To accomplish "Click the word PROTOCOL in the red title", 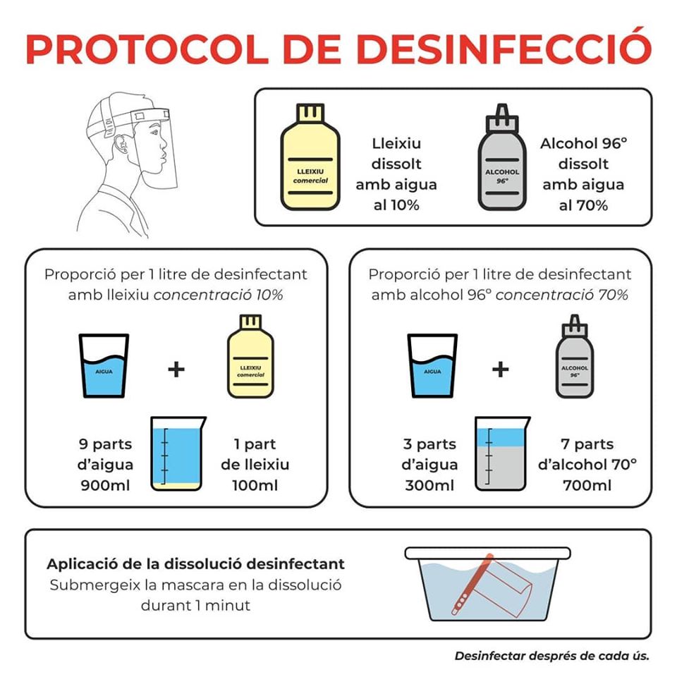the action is point(147,49).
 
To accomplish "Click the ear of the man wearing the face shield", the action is point(122,145).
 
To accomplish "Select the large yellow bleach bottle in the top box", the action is point(310,157).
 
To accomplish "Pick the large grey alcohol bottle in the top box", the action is point(501,157).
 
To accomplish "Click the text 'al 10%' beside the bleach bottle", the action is point(396,205).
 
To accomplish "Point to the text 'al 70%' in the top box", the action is point(583,205).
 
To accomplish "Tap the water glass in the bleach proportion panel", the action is point(104,366).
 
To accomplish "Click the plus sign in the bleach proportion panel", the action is point(176,370).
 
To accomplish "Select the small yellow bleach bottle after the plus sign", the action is point(250,356).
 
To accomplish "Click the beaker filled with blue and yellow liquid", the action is point(178,453).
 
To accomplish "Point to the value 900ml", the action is point(105,485).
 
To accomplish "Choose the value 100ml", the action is point(255,485).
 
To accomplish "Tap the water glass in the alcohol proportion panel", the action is point(432,366).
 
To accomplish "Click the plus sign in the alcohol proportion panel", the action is point(501,370).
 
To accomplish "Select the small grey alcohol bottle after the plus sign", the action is point(574,356).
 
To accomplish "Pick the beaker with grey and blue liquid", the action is point(502,453).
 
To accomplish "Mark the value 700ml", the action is point(587,485).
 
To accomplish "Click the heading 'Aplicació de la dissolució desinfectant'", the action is point(195,564).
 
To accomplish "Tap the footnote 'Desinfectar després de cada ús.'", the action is point(551,656).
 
